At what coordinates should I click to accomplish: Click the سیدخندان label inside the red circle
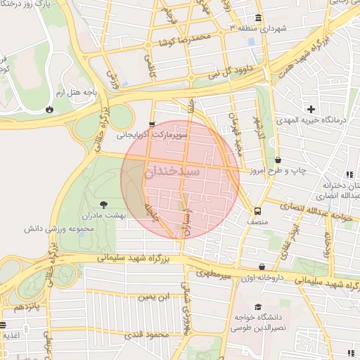(x=173, y=172)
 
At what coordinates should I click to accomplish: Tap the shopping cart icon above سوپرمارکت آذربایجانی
(x=152, y=124)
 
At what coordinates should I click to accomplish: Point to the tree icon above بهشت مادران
(x=105, y=204)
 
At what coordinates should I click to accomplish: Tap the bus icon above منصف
(x=258, y=210)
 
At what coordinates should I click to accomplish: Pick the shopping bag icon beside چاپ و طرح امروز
(x=278, y=160)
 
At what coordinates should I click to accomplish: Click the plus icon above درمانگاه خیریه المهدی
(x=311, y=108)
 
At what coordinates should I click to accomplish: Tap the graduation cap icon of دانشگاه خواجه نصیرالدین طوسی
(x=258, y=307)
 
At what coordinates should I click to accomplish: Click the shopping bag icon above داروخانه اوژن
(x=262, y=267)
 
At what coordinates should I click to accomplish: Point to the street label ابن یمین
(x=154, y=297)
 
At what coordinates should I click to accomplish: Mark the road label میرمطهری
(x=214, y=273)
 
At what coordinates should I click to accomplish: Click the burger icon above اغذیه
(x=4, y=325)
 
